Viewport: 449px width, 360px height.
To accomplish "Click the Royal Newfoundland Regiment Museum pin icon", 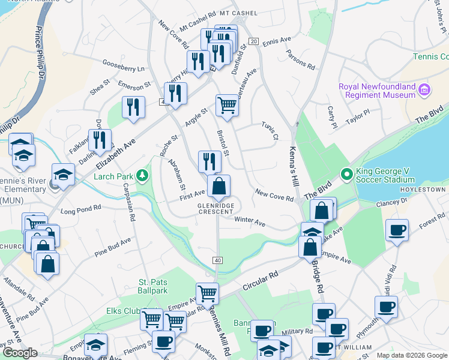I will coord(425,90).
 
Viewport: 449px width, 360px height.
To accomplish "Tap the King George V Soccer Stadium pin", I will coord(346,175).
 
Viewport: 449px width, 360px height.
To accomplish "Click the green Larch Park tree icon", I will coord(142,176).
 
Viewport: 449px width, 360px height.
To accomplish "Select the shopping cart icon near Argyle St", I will coord(227,105).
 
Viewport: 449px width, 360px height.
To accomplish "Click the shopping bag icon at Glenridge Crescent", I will coord(219,187).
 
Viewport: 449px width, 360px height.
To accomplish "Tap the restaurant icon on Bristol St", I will coord(209,161).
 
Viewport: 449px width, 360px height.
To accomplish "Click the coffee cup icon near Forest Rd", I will coord(396,230).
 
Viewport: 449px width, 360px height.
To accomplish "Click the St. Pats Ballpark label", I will coord(153,286).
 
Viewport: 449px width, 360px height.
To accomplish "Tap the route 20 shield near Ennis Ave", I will coord(254,41).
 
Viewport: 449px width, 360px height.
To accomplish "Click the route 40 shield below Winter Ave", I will coord(218,259).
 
